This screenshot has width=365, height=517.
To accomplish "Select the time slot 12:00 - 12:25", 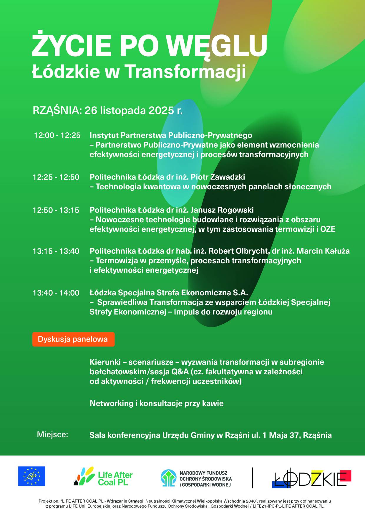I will pyautogui.click(x=57, y=135).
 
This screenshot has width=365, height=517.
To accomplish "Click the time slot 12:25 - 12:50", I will pyautogui.click(x=56, y=177).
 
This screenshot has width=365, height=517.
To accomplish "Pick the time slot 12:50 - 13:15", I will pyautogui.click(x=56, y=210).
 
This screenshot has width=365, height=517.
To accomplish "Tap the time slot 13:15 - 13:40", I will pyautogui.click(x=56, y=251).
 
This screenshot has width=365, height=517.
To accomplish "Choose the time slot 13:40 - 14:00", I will pyautogui.click(x=56, y=293).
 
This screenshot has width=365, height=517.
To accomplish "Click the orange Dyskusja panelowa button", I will pyautogui.click(x=73, y=339).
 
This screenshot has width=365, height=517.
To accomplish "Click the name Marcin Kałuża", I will pyautogui.click(x=323, y=251).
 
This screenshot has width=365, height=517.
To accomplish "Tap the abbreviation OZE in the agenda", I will pyautogui.click(x=328, y=229).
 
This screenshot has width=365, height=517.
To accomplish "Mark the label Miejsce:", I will pyautogui.click(x=52, y=434).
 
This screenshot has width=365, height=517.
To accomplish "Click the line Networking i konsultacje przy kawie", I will pyautogui.click(x=157, y=403).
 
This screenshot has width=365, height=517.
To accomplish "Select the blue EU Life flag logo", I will pyautogui.click(x=32, y=476).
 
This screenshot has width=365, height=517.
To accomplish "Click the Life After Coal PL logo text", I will pyautogui.click(x=115, y=479).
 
